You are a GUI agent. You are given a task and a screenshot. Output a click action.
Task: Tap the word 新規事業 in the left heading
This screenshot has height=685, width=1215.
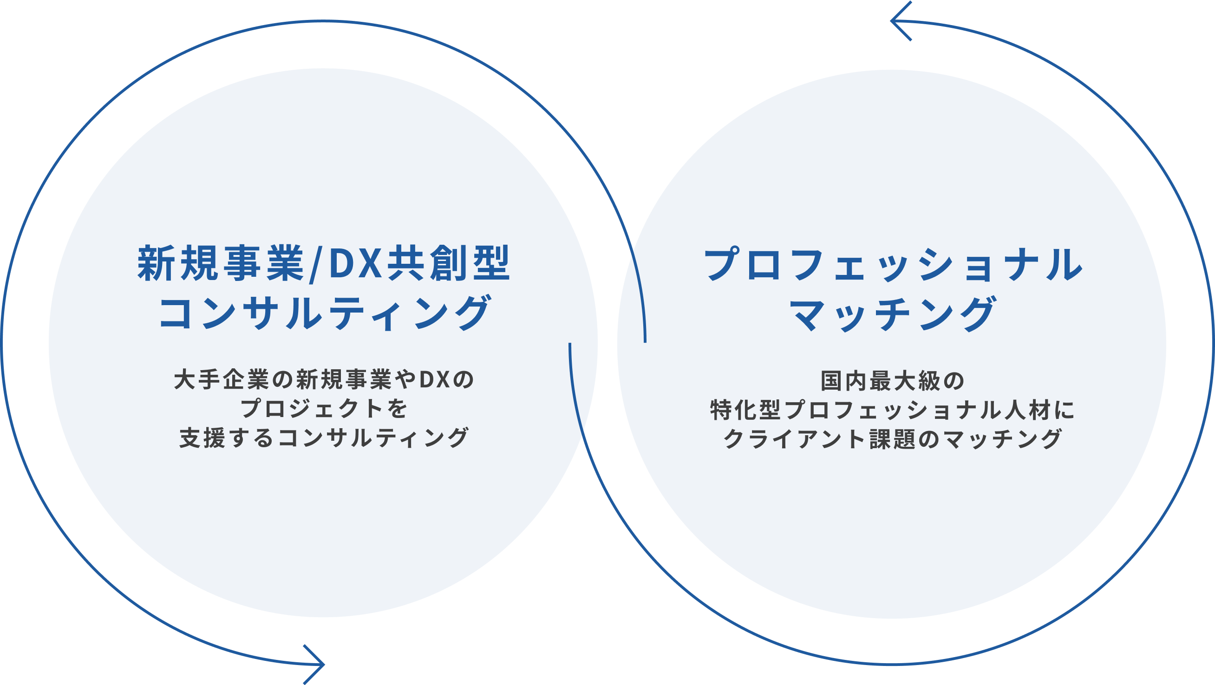[x=221, y=263]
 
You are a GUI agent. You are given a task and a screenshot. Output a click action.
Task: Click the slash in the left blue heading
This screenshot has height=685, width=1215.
[x=312, y=264]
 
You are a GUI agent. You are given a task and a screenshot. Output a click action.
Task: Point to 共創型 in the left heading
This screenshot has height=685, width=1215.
[x=448, y=263]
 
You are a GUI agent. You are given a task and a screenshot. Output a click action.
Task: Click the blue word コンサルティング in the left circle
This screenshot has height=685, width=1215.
[x=325, y=312]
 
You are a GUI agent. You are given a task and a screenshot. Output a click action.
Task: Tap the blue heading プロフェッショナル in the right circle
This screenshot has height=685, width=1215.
[x=892, y=264]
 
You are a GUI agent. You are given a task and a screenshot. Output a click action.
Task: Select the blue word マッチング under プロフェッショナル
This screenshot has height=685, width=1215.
[x=892, y=313]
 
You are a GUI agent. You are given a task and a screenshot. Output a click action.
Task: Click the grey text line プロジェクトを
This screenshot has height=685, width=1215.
[x=324, y=409]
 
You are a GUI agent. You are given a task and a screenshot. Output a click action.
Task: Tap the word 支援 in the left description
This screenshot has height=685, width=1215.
[x=203, y=438]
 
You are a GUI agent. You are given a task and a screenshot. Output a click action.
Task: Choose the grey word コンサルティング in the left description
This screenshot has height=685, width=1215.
[x=372, y=438]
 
